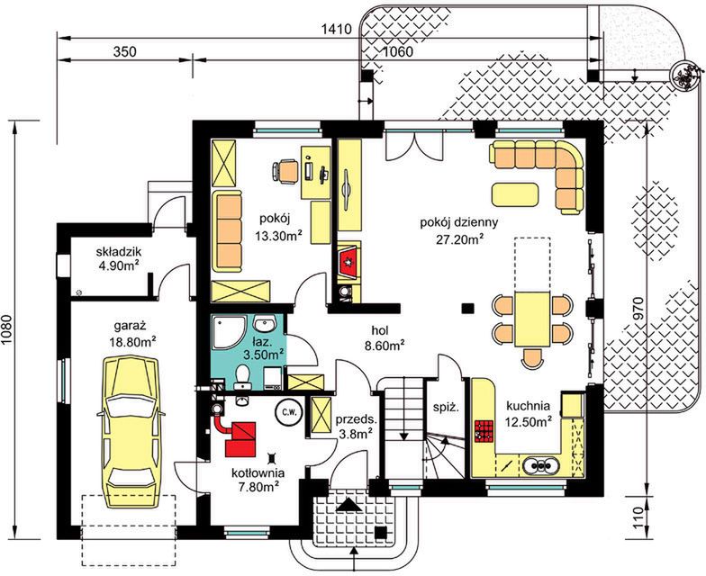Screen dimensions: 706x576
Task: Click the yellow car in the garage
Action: click(131, 432)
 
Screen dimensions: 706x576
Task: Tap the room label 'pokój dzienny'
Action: click(459, 222)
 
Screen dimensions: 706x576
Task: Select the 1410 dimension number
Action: click(337, 30)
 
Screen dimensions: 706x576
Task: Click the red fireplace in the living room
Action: click(348, 260)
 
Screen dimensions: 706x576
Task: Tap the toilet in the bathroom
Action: click(243, 376)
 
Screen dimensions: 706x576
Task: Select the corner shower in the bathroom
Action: click(229, 332)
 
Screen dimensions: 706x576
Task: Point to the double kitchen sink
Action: click(540, 464)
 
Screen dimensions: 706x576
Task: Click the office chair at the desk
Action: click(286, 171)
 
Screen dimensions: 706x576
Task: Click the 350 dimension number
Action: click(124, 52)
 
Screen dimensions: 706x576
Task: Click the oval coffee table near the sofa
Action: click(515, 194)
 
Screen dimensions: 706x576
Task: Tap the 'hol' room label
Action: click(380, 330)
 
